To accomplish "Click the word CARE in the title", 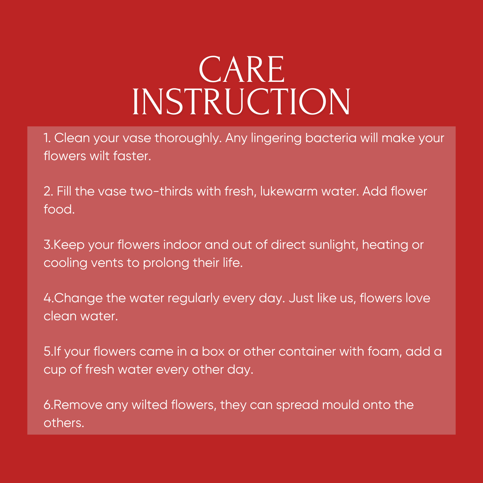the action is pos(242,69).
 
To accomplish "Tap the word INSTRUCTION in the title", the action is pos(241,102).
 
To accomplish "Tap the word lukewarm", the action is pos(289,191).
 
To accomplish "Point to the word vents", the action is pos(107,263).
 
